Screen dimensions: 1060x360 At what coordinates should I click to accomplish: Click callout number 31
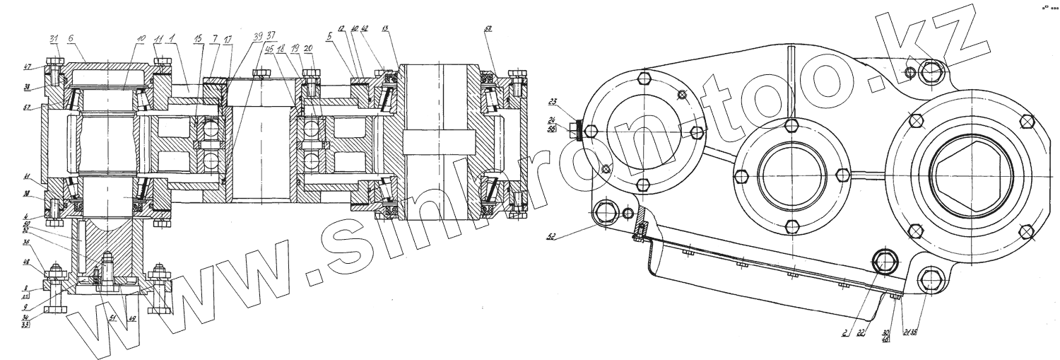54,37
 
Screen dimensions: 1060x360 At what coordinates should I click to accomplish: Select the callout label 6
71,37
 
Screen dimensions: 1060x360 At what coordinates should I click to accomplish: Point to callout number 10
141,37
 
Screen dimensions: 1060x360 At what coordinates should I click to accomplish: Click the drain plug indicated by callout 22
886,262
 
